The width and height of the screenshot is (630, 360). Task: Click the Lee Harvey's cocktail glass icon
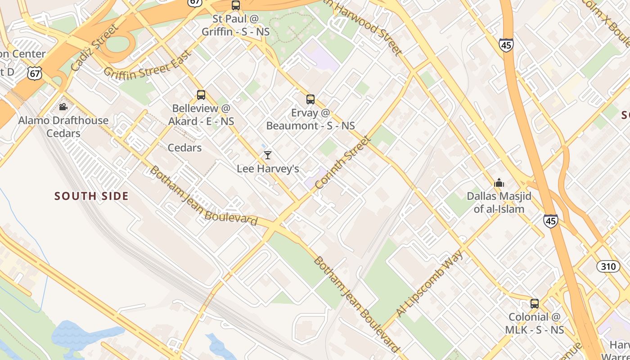(268, 155)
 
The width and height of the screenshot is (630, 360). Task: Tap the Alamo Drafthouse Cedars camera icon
(63, 107)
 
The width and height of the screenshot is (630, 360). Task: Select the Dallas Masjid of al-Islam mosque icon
(499, 183)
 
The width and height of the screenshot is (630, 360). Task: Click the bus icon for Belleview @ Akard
(201, 95)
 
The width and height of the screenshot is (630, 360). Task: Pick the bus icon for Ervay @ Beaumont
(310, 99)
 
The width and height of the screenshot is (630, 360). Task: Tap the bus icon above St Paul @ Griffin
(236, 5)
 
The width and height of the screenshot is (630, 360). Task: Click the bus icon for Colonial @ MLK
(535, 303)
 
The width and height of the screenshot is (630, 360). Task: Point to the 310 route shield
(608, 266)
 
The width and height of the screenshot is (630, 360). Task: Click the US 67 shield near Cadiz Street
(34, 73)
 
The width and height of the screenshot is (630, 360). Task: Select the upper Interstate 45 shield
(506, 45)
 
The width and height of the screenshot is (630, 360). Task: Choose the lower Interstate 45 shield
(550, 220)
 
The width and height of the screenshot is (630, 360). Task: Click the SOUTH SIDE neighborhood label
(92, 196)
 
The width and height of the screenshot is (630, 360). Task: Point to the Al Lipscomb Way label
(430, 284)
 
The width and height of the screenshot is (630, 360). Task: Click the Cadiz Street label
(94, 48)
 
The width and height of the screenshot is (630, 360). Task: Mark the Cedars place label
(184, 148)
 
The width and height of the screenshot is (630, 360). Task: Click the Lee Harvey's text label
(268, 169)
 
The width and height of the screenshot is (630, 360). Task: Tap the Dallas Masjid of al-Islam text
(499, 202)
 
